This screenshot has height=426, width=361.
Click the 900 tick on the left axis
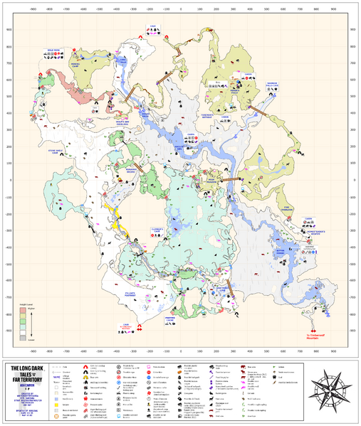pyautogui.click(x=9, y=29)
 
